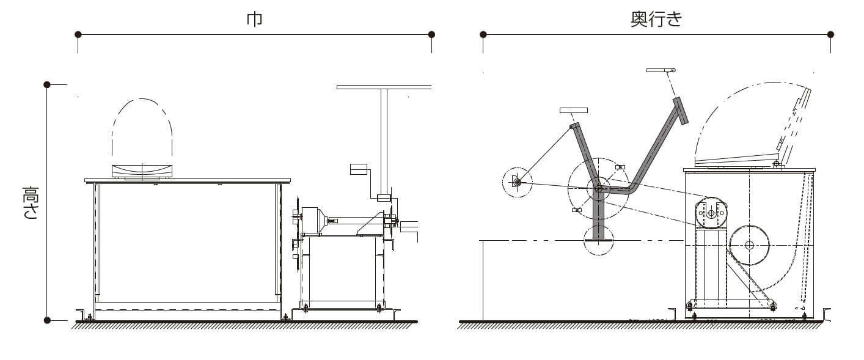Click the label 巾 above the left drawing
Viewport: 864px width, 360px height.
pos(255,20)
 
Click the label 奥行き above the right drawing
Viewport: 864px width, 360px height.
pos(656,20)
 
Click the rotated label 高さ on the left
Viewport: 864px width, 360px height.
pos(31,202)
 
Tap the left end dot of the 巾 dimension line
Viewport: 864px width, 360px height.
pos(78,34)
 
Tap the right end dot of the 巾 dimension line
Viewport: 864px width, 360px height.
pos(431,34)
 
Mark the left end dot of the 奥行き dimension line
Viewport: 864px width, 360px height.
pos(483,34)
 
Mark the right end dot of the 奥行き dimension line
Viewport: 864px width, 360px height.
pos(831,34)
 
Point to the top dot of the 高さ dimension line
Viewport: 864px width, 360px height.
pos(47,84)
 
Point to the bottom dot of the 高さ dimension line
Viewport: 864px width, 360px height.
pos(47,320)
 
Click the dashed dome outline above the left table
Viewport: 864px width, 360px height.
pos(142,99)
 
